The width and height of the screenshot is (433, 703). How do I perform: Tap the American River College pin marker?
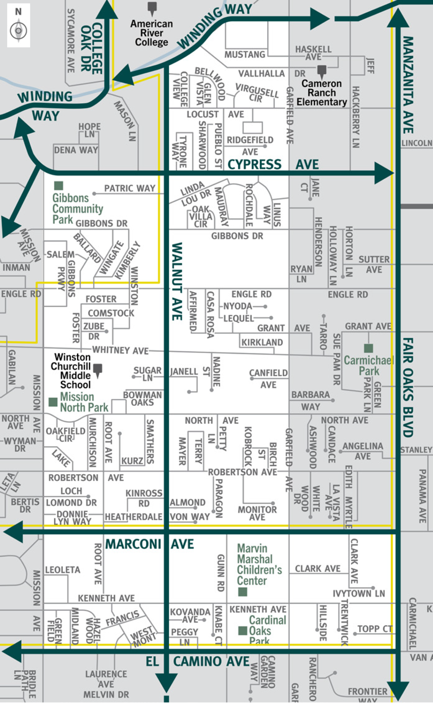pyautogui.click(x=152, y=8)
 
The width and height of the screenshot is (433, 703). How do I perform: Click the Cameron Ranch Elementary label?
pyautogui.click(x=322, y=93)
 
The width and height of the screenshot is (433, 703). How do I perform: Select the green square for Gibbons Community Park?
pyautogui.click(x=59, y=186)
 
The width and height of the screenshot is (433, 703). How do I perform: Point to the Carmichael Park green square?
pyautogui.click(x=368, y=348)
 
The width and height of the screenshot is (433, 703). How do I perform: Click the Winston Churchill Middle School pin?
pyautogui.click(x=98, y=369)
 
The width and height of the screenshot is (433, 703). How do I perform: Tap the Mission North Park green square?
pyautogui.click(x=53, y=402)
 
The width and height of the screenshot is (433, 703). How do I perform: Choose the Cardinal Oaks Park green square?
pyautogui.click(x=242, y=630)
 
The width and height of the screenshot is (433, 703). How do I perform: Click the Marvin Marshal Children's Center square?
pyautogui.click(x=242, y=592)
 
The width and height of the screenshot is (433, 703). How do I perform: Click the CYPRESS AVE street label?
pyautogui.click(x=273, y=164)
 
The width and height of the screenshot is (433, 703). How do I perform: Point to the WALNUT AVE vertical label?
pyautogui.click(x=177, y=281)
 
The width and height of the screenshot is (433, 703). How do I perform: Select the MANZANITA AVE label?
pyautogui.click(x=408, y=85)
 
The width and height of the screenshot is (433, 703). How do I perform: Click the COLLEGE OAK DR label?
pyautogui.click(x=92, y=48)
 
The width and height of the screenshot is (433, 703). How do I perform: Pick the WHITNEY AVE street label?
pyautogui.click(x=120, y=350)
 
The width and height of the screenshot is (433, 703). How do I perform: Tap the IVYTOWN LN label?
pyautogui.click(x=359, y=593)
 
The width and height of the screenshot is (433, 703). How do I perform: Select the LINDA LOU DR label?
pyautogui.click(x=196, y=194)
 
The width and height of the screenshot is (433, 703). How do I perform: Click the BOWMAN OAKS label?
pyautogui.click(x=142, y=399)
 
